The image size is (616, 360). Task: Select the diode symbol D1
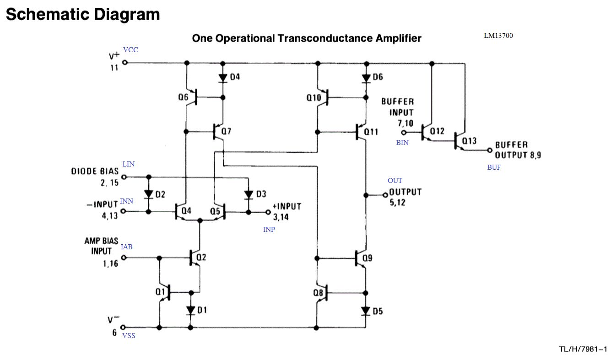[x=191, y=310]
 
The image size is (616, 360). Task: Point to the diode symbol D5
[x=366, y=311]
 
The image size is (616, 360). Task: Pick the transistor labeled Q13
[x=459, y=140]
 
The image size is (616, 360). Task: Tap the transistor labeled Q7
[x=218, y=132]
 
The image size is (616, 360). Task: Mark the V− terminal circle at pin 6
[x=123, y=328]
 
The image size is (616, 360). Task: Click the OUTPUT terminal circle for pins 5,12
[x=385, y=195]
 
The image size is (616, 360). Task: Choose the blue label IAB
[x=127, y=247]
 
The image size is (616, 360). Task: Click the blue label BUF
[x=494, y=167]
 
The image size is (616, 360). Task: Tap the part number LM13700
[x=498, y=35]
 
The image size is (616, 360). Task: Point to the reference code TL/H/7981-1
[x=583, y=349]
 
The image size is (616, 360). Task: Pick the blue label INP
[x=269, y=229]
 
